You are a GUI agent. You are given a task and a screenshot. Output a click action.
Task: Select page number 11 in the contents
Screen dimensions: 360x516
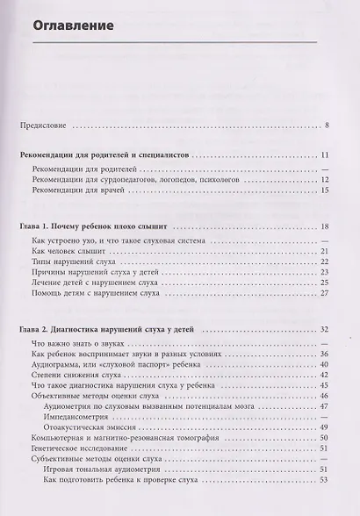coord(324,154)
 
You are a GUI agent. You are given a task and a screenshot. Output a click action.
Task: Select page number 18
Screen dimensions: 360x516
coord(324,227)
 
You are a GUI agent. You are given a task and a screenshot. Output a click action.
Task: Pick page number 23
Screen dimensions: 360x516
coord(324,274)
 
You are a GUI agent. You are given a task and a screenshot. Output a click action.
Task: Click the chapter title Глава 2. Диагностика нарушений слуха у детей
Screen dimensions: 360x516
coord(109,329)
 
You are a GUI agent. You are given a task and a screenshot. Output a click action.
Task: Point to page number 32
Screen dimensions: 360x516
coord(324,329)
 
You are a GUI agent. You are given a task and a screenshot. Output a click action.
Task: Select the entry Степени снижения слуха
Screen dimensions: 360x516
coord(68,376)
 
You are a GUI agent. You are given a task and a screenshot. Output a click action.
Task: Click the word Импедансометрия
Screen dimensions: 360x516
coord(75,419)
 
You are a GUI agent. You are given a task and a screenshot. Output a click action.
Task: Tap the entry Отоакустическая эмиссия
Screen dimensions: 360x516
coord(87,430)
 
